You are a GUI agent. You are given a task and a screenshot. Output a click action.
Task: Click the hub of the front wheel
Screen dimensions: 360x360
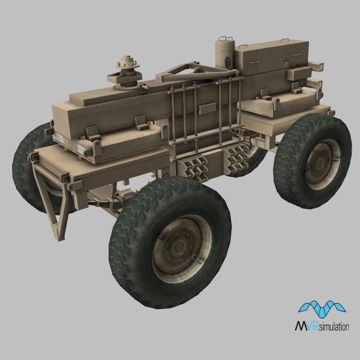coord(179,247)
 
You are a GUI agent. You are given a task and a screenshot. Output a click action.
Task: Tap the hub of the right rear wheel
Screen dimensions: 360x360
coord(319,164)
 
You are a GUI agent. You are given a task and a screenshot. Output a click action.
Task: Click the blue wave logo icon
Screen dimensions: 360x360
coord(322,309)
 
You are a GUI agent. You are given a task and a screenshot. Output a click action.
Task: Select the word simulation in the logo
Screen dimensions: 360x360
coord(334,326)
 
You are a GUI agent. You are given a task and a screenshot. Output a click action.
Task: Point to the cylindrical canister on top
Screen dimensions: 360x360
coord(225,54)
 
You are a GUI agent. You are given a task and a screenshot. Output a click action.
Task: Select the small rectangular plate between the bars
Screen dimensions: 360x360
coord(208,108)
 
